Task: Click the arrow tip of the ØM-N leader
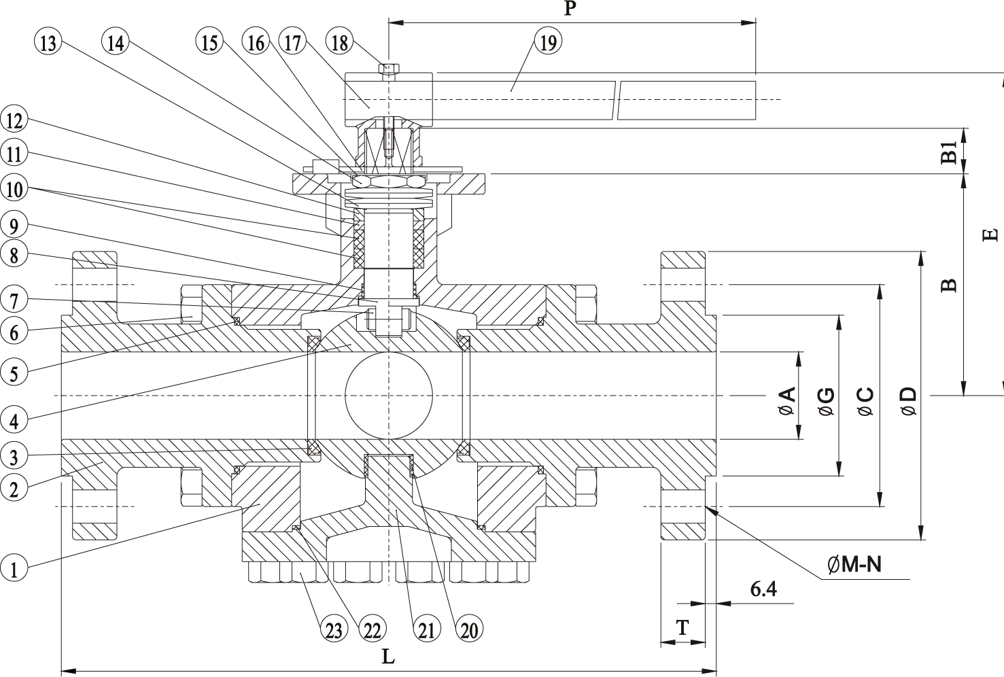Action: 706,506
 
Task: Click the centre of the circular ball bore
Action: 389,396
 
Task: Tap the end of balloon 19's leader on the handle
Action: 510,90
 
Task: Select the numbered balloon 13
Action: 48,43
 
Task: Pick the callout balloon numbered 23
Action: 334,630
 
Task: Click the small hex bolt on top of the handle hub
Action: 389,69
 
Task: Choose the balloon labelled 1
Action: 14,568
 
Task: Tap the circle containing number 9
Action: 14,226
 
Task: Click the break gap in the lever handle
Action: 617,101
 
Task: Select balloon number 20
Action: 469,630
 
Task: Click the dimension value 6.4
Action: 763,589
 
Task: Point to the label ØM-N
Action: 854,564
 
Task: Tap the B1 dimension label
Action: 949,152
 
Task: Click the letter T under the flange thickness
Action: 682,627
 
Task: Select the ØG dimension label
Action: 826,402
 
